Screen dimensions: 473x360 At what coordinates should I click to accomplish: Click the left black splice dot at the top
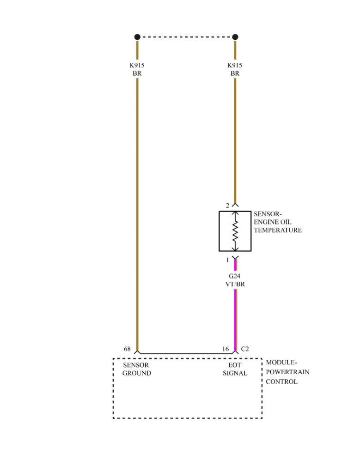[137, 37]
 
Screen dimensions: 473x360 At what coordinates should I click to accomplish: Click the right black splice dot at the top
[235, 37]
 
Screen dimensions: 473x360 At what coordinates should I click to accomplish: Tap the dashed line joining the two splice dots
[186, 37]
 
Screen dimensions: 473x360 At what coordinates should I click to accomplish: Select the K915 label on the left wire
[137, 65]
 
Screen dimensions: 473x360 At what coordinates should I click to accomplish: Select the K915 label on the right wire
[235, 65]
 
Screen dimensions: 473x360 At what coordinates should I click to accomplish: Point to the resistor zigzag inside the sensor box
[235, 231]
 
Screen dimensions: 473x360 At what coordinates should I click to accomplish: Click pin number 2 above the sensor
[227, 206]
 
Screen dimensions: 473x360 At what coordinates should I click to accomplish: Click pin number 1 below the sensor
[227, 260]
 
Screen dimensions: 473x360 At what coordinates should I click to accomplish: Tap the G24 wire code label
[235, 276]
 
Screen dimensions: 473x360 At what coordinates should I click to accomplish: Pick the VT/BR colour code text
[235, 284]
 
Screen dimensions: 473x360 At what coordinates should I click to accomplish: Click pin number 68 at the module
[128, 349]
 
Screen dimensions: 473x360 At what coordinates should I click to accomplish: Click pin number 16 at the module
[226, 349]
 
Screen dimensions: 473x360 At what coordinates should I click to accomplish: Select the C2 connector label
[245, 349]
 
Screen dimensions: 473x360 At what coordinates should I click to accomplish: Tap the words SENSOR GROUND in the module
[136, 369]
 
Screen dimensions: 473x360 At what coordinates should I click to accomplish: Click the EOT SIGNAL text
[235, 369]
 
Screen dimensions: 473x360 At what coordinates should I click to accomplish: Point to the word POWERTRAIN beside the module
[287, 372]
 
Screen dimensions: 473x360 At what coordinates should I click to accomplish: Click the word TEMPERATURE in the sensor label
[278, 230]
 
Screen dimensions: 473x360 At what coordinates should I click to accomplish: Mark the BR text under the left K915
[137, 73]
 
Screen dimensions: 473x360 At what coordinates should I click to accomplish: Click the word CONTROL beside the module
[281, 382]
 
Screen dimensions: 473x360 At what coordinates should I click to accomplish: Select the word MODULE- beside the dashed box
[281, 363]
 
